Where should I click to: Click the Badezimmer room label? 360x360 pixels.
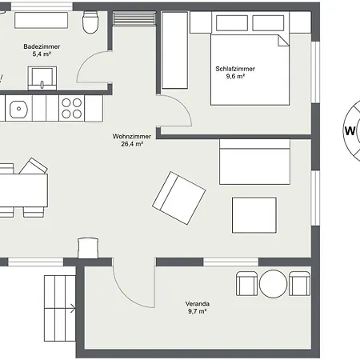coord(42,46)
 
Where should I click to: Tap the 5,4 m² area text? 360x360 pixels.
coord(42,54)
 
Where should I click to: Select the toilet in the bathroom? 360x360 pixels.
coord(90,22)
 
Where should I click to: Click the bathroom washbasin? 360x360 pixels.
coord(42,78)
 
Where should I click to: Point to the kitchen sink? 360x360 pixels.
coord(18,109)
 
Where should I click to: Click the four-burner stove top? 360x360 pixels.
coord(72,109)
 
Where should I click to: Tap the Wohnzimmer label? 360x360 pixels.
coord(132,136)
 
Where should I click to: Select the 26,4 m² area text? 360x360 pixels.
coord(132,144)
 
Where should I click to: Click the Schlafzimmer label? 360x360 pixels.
coord(235,69)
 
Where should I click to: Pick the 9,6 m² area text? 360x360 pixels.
coord(235,76)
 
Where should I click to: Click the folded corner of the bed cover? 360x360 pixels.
coord(282,41)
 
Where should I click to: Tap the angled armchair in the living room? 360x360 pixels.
coord(178,198)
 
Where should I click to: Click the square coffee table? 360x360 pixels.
coord(254,215)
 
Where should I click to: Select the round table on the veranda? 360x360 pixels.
coord(273,284)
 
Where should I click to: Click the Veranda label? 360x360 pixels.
coord(198,304)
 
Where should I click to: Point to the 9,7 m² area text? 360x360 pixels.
coord(198,311)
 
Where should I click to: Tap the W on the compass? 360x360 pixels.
coord(350,131)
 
